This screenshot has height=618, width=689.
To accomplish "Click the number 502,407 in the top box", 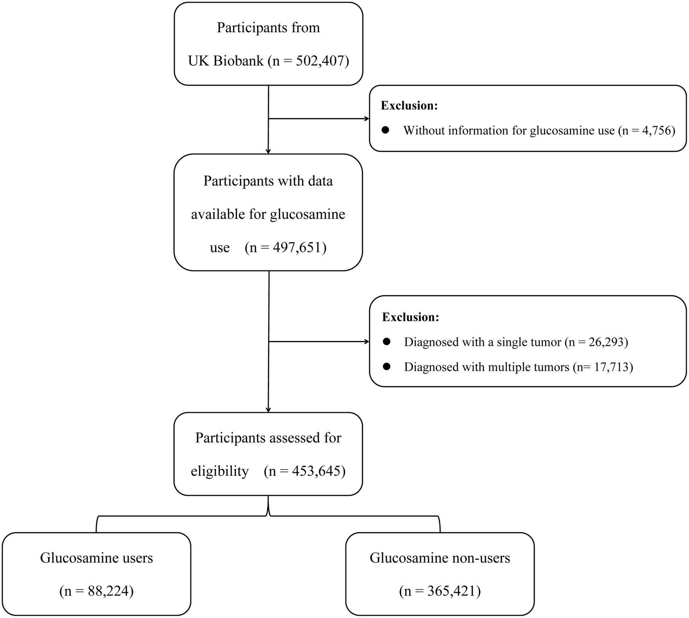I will tap(322, 61).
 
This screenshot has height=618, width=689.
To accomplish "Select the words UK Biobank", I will tap(226, 61).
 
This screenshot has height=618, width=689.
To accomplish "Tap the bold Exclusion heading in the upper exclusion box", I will tap(409, 106).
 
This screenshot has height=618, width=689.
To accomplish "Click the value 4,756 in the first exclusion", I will tap(657, 130).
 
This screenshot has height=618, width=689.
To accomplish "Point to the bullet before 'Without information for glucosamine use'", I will tap(386, 130).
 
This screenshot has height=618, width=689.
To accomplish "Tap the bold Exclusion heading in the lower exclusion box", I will tap(410, 317).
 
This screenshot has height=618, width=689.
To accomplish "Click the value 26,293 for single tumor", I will tap(606, 342).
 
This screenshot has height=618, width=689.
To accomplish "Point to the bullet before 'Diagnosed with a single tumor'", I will tap(387, 342).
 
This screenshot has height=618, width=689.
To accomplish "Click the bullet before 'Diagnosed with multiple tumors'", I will tap(387, 367).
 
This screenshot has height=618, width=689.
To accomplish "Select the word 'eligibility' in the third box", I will tap(220, 471).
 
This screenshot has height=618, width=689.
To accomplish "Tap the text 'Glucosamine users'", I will tap(96, 558).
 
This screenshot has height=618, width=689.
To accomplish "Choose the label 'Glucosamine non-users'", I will tap(440, 558).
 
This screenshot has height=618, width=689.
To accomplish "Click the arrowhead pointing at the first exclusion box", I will tap(367, 118).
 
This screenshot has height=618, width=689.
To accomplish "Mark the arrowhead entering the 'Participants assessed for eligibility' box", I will tap(268, 410).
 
